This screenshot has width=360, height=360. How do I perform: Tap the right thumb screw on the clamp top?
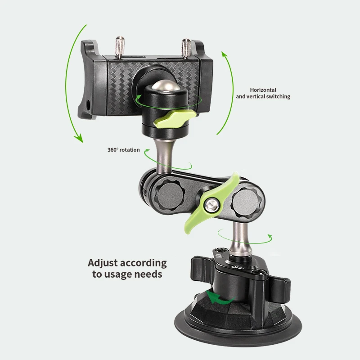pos(186,47)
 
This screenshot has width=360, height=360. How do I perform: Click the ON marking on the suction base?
pos(220,258)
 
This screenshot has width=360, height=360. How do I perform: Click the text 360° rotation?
pos(123,150)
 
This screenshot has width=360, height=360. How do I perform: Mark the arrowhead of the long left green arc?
pos(80,138)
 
